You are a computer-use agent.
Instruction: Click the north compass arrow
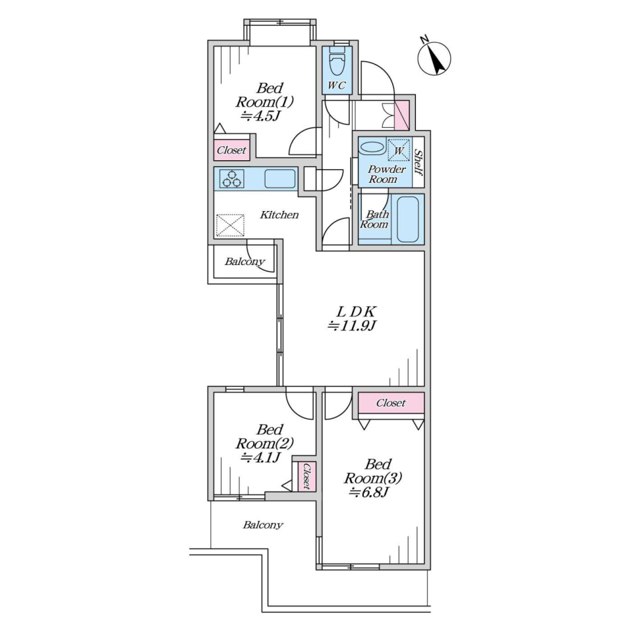click(x=436, y=62)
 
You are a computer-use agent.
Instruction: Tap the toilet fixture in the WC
click(x=336, y=62)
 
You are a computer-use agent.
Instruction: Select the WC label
click(x=337, y=85)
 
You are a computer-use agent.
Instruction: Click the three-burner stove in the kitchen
click(x=231, y=179)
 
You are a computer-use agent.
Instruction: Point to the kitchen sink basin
click(x=280, y=179)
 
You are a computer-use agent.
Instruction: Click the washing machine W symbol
click(x=399, y=150)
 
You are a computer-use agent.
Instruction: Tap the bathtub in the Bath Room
click(x=408, y=219)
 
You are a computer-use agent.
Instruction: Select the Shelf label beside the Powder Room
click(x=419, y=162)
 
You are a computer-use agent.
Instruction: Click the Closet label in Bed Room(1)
click(x=231, y=150)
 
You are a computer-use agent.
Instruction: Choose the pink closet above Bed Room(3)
click(x=391, y=403)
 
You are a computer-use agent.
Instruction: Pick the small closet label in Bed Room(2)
click(x=306, y=476)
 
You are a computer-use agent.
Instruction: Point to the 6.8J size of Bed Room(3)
click(x=370, y=493)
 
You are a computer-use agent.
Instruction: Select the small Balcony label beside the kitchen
click(x=245, y=262)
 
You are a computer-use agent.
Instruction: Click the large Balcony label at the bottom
click(x=263, y=525)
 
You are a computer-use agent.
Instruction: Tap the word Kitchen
click(x=279, y=215)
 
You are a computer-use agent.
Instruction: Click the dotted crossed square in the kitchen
click(x=231, y=226)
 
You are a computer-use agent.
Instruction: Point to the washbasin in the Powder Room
click(x=372, y=147)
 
